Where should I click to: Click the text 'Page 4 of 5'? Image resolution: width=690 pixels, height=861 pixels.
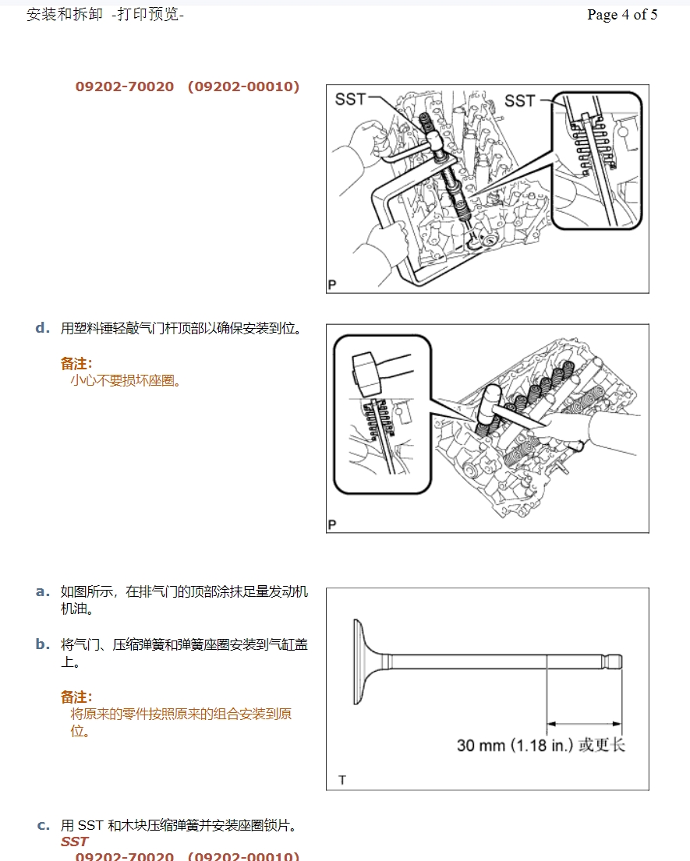[x=621, y=15]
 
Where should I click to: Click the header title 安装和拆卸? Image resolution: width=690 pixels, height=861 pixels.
[x=64, y=15]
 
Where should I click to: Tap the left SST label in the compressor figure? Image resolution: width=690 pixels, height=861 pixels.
[x=350, y=99]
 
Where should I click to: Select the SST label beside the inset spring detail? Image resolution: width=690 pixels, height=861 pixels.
[x=519, y=101]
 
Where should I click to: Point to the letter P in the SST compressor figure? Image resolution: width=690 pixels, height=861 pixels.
[x=332, y=285]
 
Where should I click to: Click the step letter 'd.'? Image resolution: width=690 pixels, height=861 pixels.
[x=43, y=328]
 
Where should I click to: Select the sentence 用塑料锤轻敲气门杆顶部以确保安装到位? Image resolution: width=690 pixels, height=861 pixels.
[x=181, y=329]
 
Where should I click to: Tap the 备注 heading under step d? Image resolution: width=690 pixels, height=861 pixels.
[x=76, y=363]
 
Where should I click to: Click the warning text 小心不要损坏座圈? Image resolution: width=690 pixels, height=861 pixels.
[x=126, y=381]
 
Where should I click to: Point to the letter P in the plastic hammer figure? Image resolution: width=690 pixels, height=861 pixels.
[x=332, y=525]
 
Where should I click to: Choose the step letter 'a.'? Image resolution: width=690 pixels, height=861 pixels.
[x=43, y=591]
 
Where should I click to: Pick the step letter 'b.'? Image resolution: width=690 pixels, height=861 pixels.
[x=43, y=644]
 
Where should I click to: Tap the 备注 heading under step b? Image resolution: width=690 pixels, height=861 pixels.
[x=76, y=697]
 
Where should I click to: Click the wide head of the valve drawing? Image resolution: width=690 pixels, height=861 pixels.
[x=362, y=662]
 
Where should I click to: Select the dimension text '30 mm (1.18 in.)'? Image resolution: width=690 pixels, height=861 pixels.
[x=515, y=746]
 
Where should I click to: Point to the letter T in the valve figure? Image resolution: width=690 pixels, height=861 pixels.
[x=342, y=780]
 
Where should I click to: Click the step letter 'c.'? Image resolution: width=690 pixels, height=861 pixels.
[x=44, y=825]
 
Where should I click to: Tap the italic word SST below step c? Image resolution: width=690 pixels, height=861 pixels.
[x=75, y=842]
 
